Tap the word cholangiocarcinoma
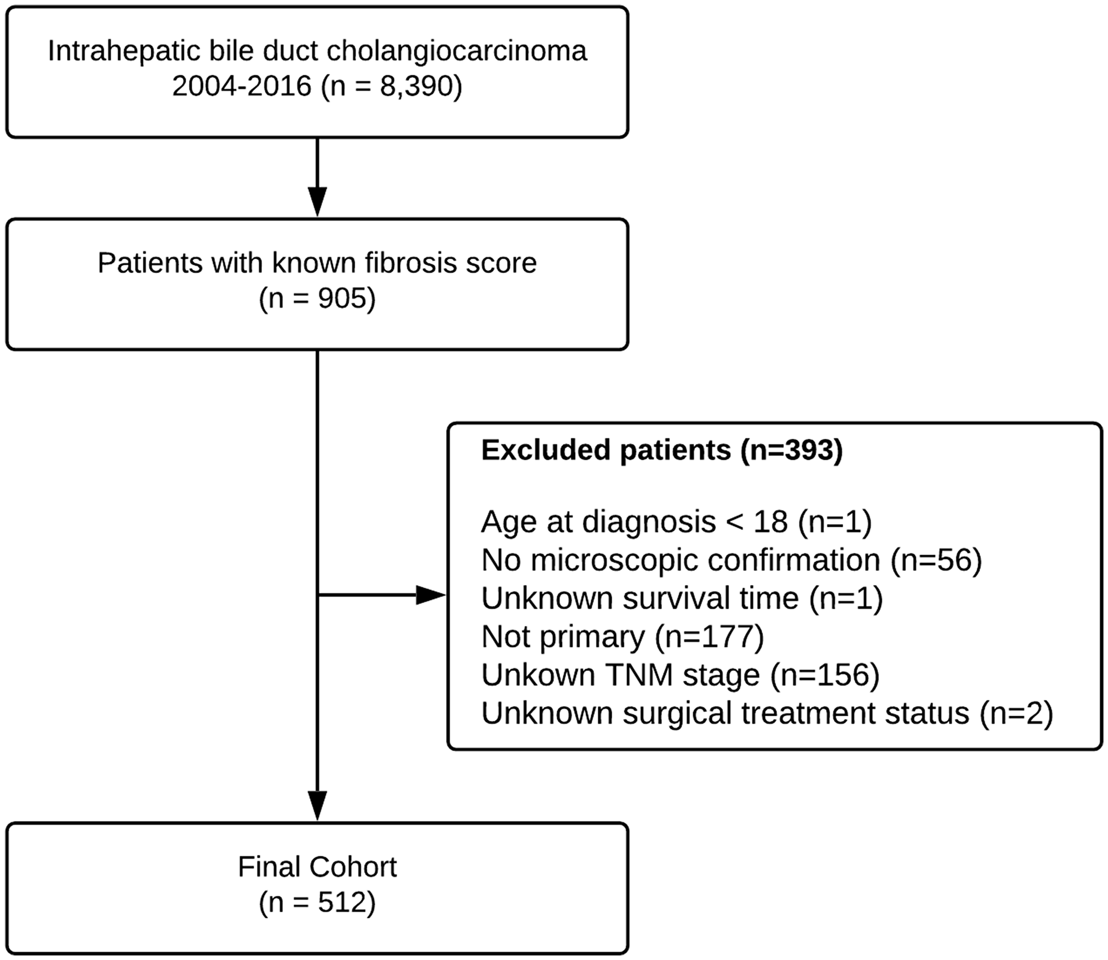coord(456,51)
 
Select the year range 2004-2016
coord(242,86)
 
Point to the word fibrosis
coord(411,263)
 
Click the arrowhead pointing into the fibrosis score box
coord(317,202)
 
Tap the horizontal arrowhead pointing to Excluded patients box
coord(430,595)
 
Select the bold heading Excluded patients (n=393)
coord(662,450)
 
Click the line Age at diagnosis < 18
coord(676,522)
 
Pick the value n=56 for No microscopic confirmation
coord(936,560)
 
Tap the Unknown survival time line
coord(681,598)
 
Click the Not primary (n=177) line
coord(623,636)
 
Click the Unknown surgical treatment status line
coord(767,713)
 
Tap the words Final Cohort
coord(317,867)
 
